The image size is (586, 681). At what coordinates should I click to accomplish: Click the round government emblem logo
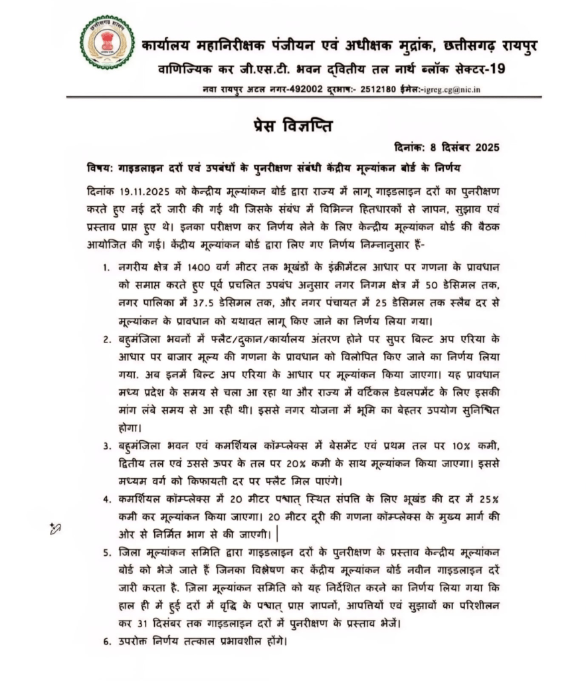coord(107,43)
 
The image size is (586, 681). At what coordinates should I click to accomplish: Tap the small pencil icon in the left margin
coord(55,528)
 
